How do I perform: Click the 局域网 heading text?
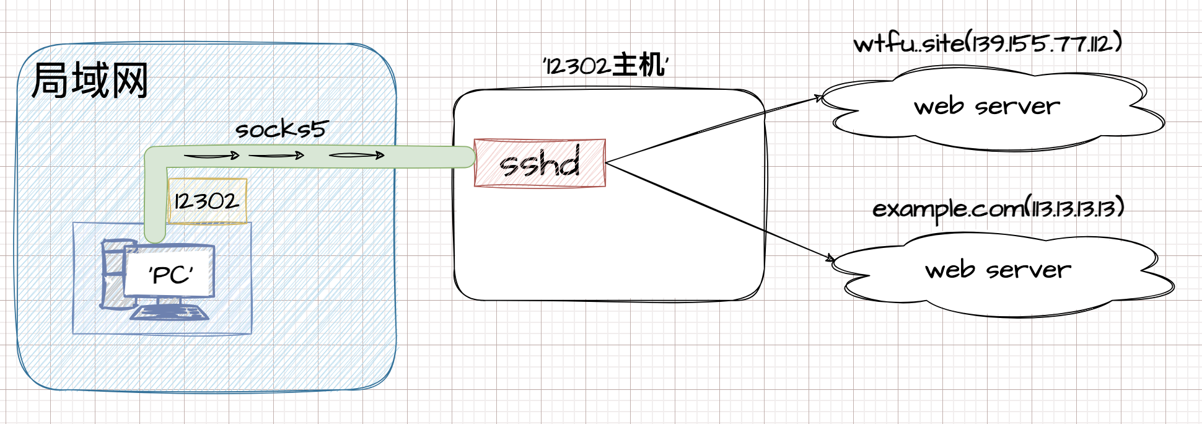90,81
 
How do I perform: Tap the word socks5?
281,129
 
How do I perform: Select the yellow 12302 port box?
207,201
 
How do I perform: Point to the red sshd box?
540,163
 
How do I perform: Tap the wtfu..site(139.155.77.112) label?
988,43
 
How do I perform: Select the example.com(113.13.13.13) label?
998,209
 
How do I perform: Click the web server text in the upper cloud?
987,107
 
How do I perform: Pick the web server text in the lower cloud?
998,270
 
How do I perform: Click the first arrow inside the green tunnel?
212,156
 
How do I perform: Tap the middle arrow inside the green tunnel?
276,156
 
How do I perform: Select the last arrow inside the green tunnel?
357,155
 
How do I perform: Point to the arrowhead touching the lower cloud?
830,258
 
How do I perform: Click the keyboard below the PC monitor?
169,312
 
